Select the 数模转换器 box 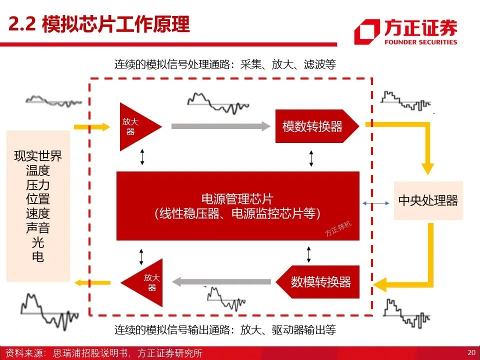(x=320, y=281)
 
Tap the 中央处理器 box (x=428, y=200)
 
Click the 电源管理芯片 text (x=237, y=198)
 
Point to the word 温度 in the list (x=38, y=170)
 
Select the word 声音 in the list (x=38, y=228)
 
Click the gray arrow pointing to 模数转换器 (x=220, y=126)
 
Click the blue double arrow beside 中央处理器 (x=376, y=202)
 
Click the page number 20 (x=471, y=352)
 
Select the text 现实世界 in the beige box (x=38, y=155)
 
